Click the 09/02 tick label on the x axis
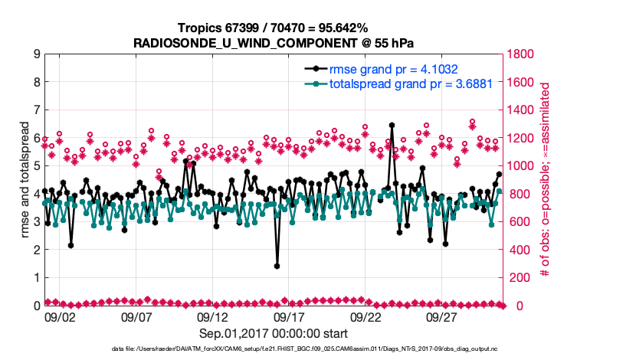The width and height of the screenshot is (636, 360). click(60, 316)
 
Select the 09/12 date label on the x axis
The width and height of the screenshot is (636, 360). click(213, 316)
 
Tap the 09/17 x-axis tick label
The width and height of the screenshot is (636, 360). click(290, 316)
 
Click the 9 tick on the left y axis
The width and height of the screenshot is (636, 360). click(35, 54)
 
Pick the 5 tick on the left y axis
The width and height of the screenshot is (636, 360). click(35, 166)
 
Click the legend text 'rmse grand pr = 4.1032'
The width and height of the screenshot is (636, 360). click(393, 69)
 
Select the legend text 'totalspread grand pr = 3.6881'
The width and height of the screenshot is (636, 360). click(405, 83)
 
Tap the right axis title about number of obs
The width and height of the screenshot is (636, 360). click(546, 180)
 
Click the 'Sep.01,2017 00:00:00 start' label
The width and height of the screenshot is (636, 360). click(274, 333)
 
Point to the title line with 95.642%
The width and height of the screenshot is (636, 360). click(274, 28)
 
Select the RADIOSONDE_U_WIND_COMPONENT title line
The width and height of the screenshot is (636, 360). click(274, 41)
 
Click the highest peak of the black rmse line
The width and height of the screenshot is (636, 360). click(392, 125)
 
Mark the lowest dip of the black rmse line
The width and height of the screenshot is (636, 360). click(277, 266)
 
